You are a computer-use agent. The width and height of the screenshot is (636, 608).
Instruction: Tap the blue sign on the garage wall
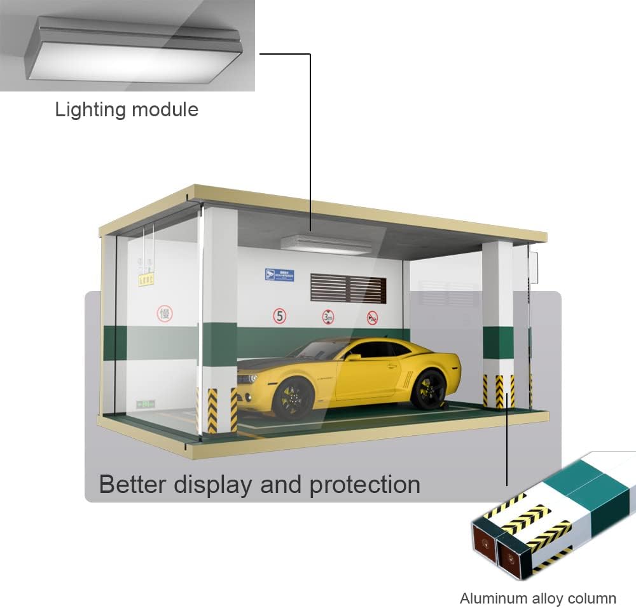coord(280,275)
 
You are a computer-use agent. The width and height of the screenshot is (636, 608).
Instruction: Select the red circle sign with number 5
coord(280,316)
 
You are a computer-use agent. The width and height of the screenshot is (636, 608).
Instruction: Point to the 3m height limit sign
coord(328,316)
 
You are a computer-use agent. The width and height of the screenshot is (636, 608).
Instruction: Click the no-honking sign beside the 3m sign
coord(372,317)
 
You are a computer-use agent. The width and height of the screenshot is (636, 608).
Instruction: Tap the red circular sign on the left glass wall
coord(165,313)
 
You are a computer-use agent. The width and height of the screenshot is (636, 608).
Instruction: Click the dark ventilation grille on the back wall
coord(348,288)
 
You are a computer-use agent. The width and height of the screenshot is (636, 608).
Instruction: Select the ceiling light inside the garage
coord(325,245)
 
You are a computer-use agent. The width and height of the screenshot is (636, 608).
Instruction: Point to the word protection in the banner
coord(364,484)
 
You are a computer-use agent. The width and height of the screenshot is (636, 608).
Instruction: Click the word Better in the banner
coord(132,484)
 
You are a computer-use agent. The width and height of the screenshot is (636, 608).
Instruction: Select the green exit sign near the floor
coord(145,403)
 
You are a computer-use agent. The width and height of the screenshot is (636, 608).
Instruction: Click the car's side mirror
coord(353,356)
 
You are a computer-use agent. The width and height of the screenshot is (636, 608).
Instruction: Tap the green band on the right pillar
coord(498,342)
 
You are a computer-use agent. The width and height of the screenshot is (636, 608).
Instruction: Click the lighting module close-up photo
coord(127,46)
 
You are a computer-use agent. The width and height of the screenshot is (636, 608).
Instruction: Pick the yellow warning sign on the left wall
coord(146,280)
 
